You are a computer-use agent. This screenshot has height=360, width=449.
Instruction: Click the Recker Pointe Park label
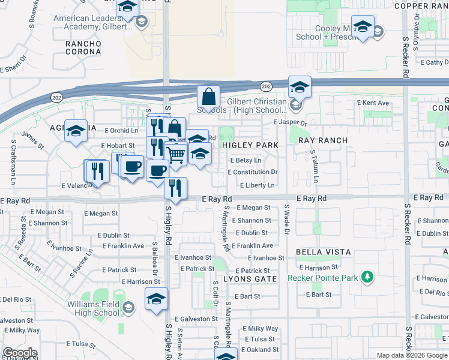[323, 278]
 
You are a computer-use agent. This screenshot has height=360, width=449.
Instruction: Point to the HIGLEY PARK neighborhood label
[250, 145]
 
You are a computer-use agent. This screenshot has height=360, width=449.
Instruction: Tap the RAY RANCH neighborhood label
[323, 140]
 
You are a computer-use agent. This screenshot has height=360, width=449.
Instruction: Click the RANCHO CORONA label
[83, 47]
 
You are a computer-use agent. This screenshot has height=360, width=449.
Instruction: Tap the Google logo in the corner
[20, 353]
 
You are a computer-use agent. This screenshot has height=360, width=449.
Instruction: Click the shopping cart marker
[175, 155]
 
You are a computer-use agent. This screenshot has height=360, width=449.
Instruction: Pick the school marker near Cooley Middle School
[363, 27]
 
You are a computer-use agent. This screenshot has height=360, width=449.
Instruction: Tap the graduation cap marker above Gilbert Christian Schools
[299, 88]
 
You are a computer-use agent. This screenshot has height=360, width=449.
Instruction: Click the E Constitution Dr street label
[252, 172]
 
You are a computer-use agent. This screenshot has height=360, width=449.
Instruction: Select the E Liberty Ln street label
[257, 185]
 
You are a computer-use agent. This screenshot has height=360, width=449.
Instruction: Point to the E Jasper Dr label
[289, 122]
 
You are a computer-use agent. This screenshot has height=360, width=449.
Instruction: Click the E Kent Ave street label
[373, 103]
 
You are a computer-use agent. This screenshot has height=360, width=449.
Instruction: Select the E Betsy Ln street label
[246, 160]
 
